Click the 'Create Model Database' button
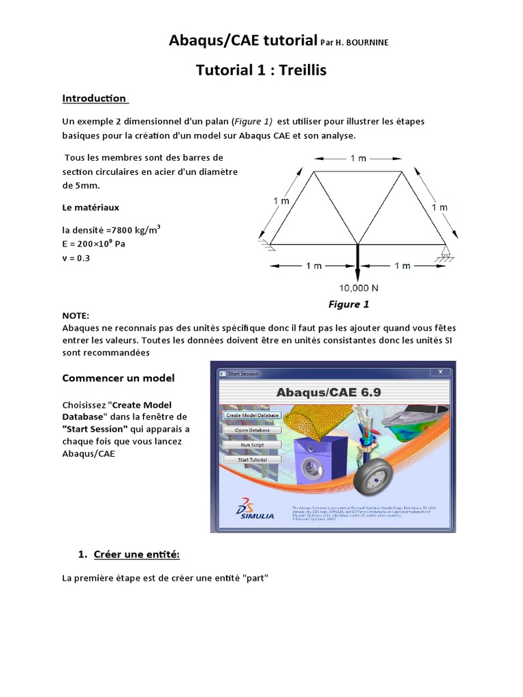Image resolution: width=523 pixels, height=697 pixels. point(252,415)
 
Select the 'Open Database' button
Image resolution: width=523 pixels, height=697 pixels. point(252,430)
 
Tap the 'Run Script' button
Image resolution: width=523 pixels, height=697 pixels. point(252,444)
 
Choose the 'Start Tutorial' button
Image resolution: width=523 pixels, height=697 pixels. point(252,459)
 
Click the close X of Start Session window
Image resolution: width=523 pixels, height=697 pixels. point(441,372)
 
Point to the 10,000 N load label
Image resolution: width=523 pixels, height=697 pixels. point(358,287)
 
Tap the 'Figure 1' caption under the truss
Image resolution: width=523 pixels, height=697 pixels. point(349,304)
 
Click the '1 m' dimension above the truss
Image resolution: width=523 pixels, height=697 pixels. point(358,158)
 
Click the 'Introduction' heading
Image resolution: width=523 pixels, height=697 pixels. point(94,98)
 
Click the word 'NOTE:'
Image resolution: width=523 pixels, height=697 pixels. point(76,316)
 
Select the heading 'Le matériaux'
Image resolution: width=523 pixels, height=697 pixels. point(91,207)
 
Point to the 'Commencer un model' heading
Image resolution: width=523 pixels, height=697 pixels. point(118,378)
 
